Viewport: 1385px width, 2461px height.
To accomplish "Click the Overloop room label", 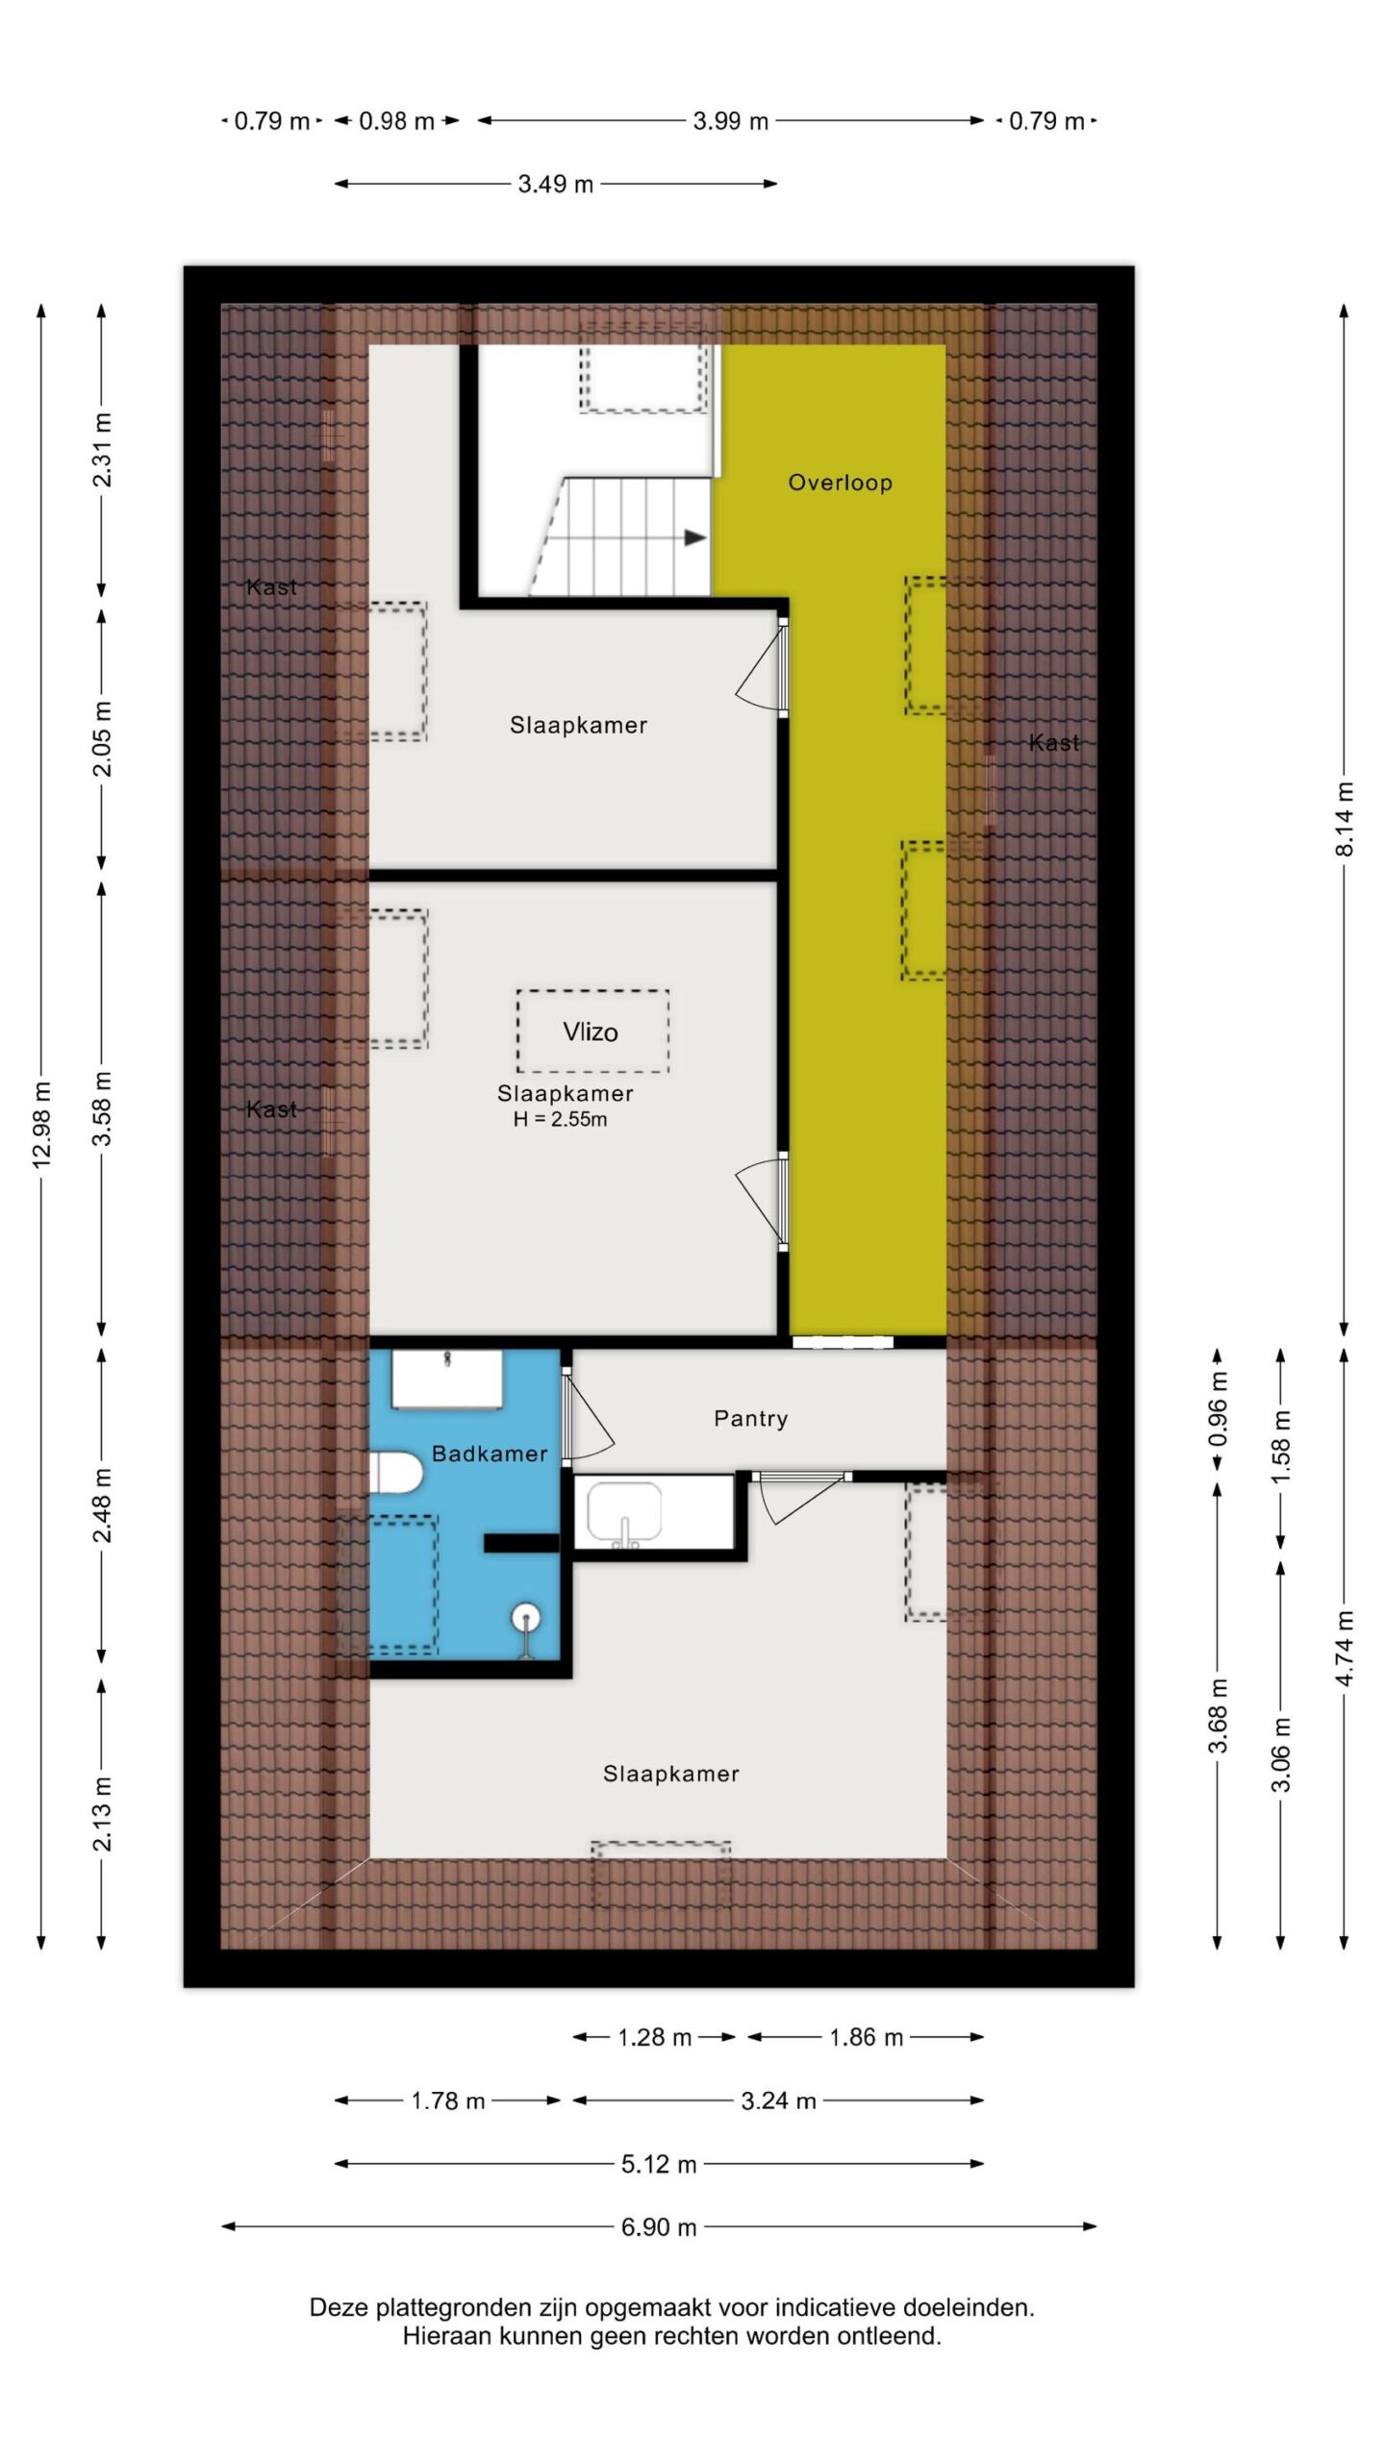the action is pyautogui.click(x=840, y=483).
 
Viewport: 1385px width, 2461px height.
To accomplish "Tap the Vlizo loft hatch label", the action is pyautogui.click(x=591, y=1032).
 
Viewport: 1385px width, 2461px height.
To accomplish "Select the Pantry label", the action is pyautogui.click(x=750, y=1419).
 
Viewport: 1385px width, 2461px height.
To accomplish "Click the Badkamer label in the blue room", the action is pyautogui.click(x=490, y=1454).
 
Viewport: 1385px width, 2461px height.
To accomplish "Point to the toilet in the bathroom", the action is pyautogui.click(x=397, y=1472).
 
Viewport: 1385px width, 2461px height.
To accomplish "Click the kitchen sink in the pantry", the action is pyautogui.click(x=625, y=1513).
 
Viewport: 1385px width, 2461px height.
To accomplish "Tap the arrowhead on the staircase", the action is pyautogui.click(x=695, y=538).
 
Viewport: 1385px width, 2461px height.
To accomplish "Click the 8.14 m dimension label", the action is pyautogui.click(x=1345, y=819).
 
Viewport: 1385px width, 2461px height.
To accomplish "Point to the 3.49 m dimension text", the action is pyautogui.click(x=556, y=184).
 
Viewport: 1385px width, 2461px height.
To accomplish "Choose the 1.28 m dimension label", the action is pyautogui.click(x=654, y=2037).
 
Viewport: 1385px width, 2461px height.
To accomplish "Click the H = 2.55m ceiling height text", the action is pyautogui.click(x=560, y=1119).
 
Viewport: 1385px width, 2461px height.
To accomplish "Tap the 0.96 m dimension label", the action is pyautogui.click(x=1218, y=1410).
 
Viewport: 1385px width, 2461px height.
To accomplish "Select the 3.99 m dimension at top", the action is pyautogui.click(x=731, y=121).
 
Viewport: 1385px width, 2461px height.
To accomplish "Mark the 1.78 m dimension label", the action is pyautogui.click(x=448, y=2101).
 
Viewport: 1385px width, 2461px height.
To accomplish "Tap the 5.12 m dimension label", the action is pyautogui.click(x=659, y=2164).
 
